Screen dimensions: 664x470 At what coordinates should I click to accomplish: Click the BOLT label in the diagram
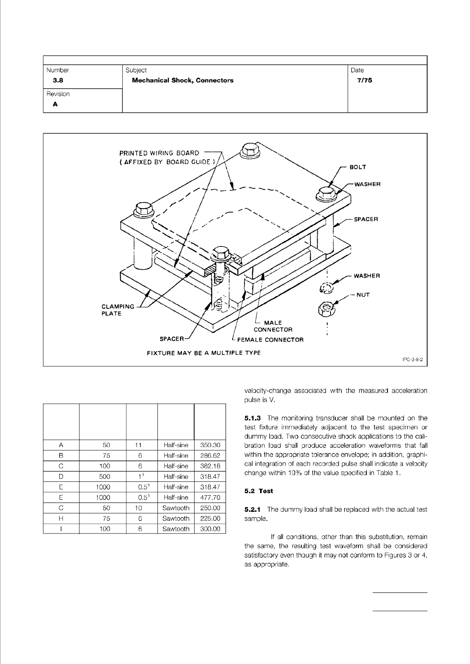[358, 167]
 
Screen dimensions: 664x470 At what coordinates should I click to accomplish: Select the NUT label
[363, 295]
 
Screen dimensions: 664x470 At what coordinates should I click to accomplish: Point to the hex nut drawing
[326, 308]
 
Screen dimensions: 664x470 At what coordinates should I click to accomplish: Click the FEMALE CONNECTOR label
[270, 339]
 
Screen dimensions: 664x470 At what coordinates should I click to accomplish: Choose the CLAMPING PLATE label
[118, 310]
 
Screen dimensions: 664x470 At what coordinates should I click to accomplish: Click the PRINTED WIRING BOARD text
[159, 153]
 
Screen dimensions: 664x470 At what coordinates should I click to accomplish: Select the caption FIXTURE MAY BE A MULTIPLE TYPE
[204, 353]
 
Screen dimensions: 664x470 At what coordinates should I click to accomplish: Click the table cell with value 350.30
[210, 445]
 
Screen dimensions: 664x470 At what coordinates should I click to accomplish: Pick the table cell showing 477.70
[210, 498]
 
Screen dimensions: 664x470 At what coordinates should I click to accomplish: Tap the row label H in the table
[61, 519]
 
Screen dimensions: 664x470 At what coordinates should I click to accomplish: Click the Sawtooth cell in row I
[176, 529]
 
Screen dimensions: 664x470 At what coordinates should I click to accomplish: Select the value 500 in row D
[105, 477]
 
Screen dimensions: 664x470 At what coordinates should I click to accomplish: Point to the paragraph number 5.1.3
[253, 418]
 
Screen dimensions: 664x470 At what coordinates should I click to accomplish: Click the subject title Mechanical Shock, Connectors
[183, 80]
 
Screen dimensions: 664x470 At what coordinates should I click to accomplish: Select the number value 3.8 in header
[58, 80]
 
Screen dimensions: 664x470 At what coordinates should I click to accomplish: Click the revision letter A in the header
[55, 104]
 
